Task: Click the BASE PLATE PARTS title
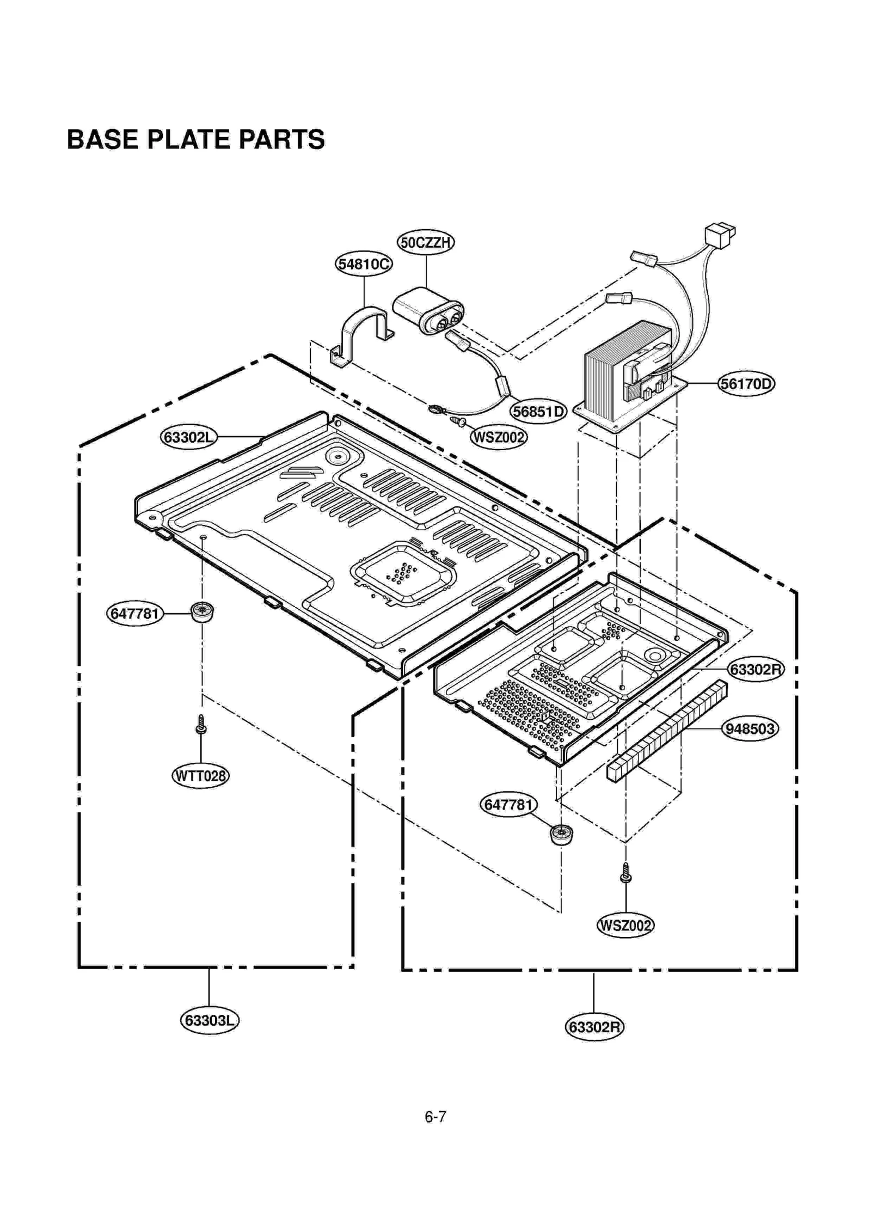pos(195,139)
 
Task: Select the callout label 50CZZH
pos(426,242)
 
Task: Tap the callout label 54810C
pos(364,264)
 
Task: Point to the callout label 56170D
pos(746,384)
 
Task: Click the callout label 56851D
pos(538,412)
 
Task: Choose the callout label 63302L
pos(189,437)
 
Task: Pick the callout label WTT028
pos(200,775)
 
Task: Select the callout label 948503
pos(750,728)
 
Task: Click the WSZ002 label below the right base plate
pos(625,925)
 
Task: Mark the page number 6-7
pos(435,1117)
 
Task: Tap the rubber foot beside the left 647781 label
pos(202,613)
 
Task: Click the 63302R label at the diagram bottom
pos(594,1027)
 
